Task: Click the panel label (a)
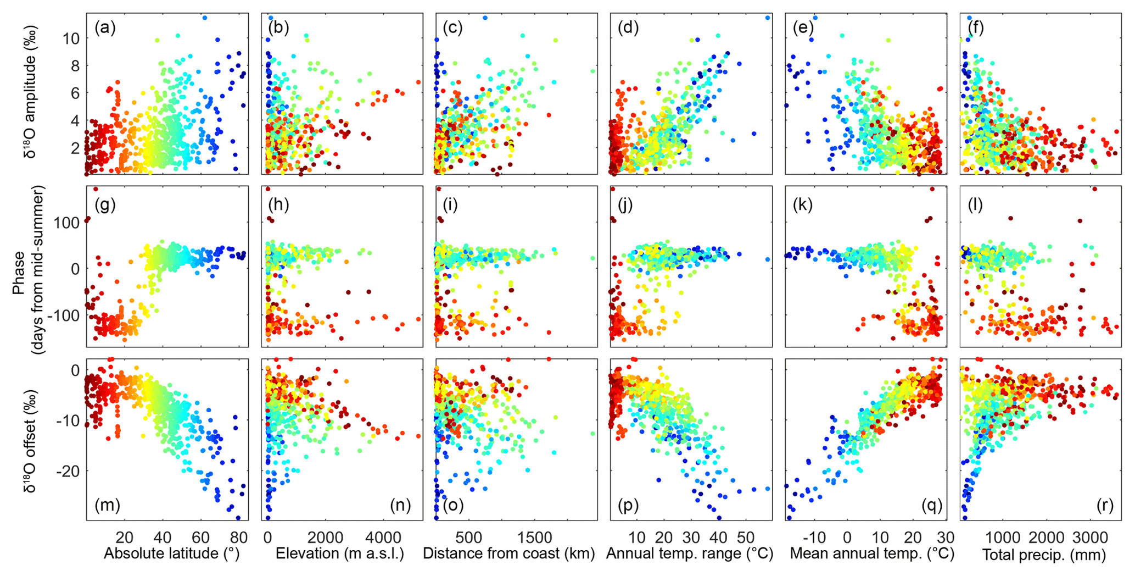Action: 105,28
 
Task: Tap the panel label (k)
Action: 803,205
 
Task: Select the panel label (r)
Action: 1104,505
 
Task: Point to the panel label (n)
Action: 400,505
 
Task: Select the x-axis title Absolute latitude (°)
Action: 171,553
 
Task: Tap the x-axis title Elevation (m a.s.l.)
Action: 339,553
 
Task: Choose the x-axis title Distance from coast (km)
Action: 509,553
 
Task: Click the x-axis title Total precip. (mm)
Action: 1043,555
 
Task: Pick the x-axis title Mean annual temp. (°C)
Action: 872,553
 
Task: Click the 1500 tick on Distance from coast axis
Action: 535,536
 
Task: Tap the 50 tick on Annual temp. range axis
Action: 746,536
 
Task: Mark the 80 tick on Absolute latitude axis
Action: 238,536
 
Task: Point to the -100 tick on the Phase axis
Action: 66,315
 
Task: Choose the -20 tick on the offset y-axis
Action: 68,472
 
